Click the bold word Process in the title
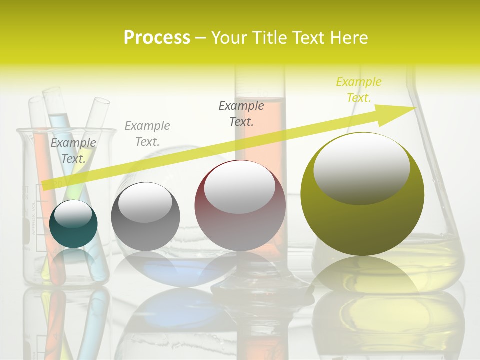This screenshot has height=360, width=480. (x=157, y=38)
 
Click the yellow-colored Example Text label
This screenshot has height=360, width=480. (x=359, y=89)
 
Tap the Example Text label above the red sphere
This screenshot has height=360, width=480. (x=241, y=113)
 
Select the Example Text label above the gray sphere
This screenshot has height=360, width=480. (x=147, y=133)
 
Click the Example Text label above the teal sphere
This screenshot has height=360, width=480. (x=73, y=150)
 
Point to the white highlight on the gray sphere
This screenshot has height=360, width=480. (x=145, y=202)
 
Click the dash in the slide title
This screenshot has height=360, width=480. (x=201, y=38)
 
